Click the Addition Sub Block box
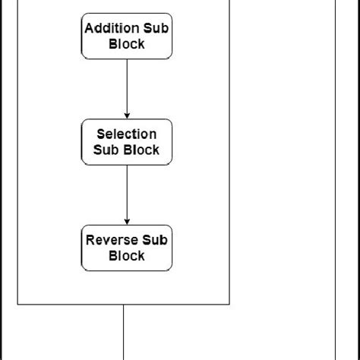[127, 36]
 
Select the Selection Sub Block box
[127, 141]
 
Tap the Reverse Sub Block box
[127, 248]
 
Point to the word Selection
[126, 134]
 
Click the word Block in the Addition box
[127, 44]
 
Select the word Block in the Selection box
[144, 150]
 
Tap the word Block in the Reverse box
[127, 256]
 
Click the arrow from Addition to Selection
[127, 87]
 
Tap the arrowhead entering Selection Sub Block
[127, 115]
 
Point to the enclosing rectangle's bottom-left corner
[17, 305]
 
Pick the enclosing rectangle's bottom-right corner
[229, 305]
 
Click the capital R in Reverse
[90, 240]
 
